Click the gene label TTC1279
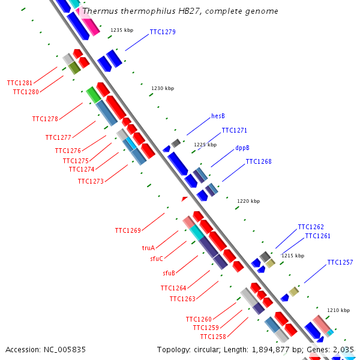click(163, 32)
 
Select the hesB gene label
click(218, 116)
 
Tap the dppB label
click(242, 147)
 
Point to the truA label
click(148, 247)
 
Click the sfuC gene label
click(157, 259)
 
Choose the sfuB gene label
click(169, 273)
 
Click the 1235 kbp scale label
click(122, 30)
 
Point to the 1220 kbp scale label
click(248, 201)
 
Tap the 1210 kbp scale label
click(338, 310)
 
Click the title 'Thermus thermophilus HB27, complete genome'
click(180, 11)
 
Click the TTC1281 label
click(20, 83)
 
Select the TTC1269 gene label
click(128, 230)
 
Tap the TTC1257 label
click(340, 263)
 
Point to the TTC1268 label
click(259, 161)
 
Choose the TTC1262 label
click(311, 227)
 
